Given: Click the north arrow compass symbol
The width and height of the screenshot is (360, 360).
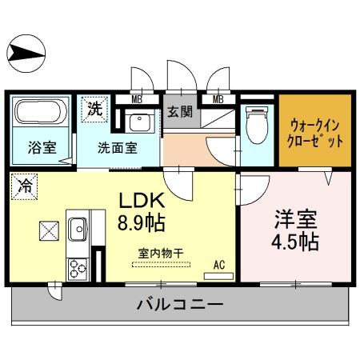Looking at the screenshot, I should (x=28, y=53).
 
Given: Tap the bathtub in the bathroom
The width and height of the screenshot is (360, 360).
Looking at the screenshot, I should (x=40, y=113).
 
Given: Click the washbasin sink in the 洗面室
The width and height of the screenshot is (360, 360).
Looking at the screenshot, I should (x=142, y=123).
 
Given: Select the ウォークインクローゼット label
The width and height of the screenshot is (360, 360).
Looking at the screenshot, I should (x=315, y=131).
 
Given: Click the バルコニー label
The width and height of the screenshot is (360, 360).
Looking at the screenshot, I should (x=179, y=305).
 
